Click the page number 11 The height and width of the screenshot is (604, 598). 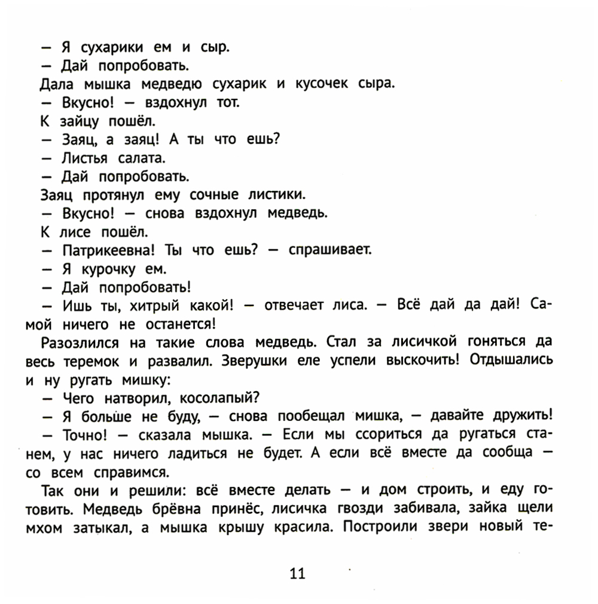click(x=297, y=574)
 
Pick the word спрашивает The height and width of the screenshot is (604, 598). click(x=330, y=250)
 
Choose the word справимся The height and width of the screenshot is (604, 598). click(x=136, y=471)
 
